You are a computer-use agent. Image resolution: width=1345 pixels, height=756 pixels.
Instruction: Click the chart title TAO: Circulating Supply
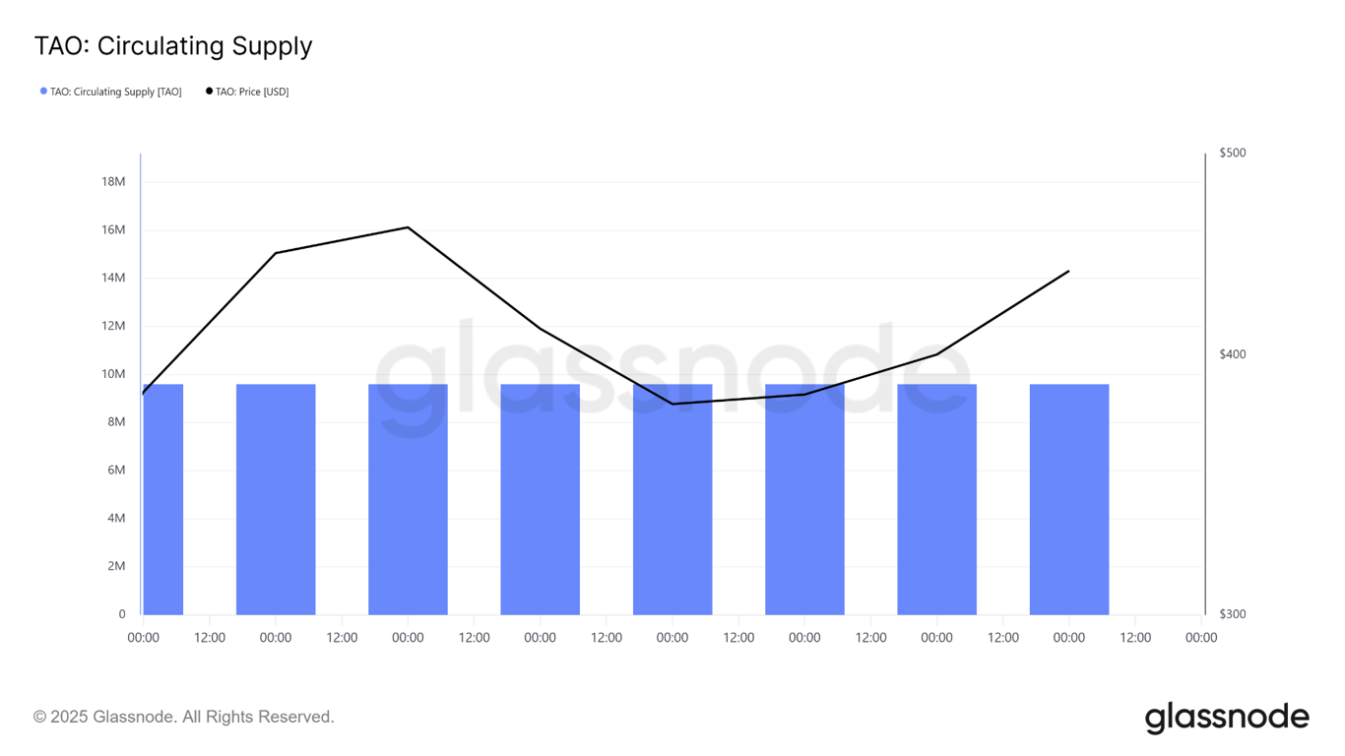coord(173,46)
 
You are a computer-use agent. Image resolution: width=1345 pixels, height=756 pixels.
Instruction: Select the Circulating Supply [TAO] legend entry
coord(115,92)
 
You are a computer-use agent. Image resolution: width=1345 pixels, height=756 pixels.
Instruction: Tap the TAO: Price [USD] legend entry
coord(251,92)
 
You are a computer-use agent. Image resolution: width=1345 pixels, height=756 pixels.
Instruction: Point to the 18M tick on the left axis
coord(113,181)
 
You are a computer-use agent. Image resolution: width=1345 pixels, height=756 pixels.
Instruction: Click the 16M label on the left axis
coord(113,229)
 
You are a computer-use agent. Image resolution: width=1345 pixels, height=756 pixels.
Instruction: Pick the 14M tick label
coord(113,278)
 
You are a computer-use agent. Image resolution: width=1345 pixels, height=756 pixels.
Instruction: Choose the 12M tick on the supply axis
coord(113,326)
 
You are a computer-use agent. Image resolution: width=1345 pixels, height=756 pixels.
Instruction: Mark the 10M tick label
coord(113,374)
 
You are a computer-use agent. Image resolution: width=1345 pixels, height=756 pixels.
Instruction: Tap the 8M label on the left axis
coord(115,421)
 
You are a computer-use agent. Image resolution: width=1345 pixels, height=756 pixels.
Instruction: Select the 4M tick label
coord(115,518)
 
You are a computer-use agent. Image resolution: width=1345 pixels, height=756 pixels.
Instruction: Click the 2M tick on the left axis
coord(115,566)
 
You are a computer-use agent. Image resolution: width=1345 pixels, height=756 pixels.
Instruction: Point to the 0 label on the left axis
coord(122,614)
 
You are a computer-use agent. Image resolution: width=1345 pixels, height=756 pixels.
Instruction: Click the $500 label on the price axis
coord(1232,153)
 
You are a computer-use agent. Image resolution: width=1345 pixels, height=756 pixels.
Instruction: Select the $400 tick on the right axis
coord(1232,354)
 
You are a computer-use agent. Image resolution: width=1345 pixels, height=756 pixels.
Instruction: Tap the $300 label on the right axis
coord(1232,614)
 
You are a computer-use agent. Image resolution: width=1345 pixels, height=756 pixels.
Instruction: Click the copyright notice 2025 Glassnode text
coord(184,717)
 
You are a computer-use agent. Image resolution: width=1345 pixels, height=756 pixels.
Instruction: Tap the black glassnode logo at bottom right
coord(1227,718)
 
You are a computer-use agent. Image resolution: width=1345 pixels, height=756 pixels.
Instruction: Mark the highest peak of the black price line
coord(408,227)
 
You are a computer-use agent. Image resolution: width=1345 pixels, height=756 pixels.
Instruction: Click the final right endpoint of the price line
coord(1069,271)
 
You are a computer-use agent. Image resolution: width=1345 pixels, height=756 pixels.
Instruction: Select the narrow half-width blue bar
coord(163,499)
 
